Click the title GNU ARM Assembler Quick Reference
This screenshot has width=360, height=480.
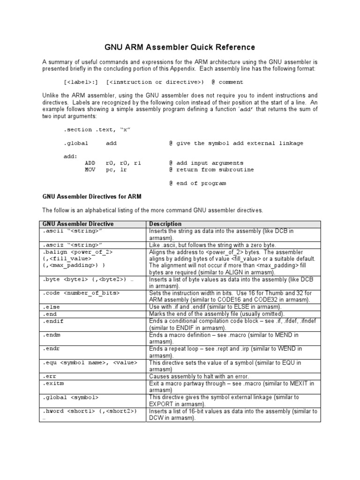(179, 47)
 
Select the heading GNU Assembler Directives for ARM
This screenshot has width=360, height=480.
(92, 196)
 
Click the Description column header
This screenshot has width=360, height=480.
(165, 224)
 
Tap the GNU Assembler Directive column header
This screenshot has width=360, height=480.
(78, 224)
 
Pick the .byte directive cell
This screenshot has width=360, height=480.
(86, 279)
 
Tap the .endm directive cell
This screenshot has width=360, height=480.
(52, 335)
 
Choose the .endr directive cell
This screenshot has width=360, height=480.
(52, 349)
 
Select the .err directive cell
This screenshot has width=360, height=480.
(50, 376)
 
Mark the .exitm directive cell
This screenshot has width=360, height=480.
(52, 383)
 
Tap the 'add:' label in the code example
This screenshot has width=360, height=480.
(70, 156)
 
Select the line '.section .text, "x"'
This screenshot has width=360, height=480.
(97, 129)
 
